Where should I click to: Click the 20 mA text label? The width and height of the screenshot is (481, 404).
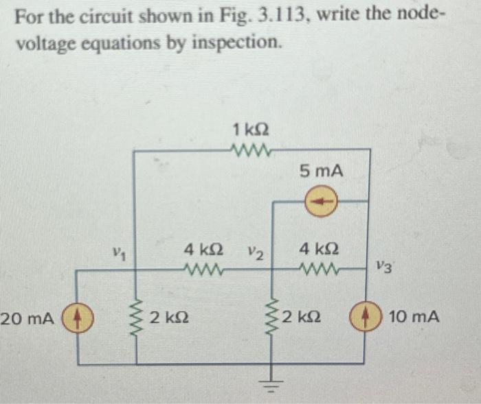click(27, 319)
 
